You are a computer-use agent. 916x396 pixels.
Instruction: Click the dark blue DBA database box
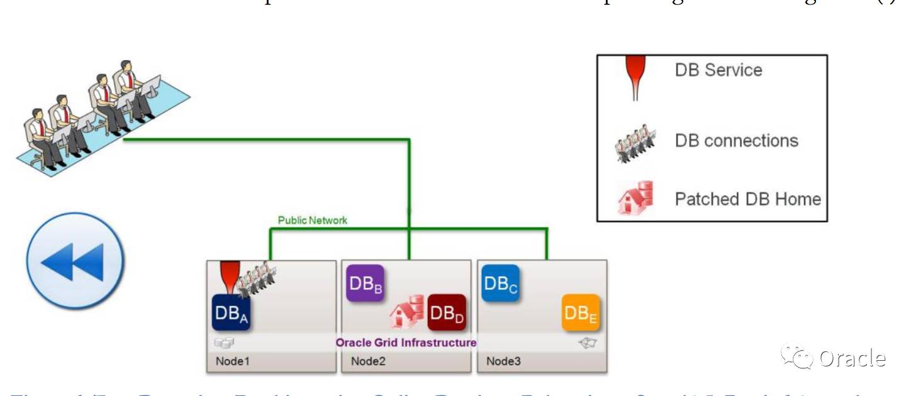pos(231,312)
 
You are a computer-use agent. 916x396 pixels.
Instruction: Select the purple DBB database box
pos(365,283)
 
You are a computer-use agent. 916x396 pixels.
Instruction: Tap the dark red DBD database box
pos(447,312)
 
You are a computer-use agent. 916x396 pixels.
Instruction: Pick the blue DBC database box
pos(501,283)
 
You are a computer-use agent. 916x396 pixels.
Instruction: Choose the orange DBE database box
pos(581,312)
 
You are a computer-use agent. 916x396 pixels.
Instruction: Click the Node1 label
pos(233,361)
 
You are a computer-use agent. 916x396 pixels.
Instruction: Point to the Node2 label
pos(369,361)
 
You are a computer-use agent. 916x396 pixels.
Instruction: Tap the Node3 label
pos(503,361)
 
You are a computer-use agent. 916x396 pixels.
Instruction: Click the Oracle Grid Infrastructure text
pos(406,343)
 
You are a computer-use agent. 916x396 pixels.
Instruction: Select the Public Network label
pos(313,221)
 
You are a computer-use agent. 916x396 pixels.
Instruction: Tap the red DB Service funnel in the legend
pos(635,75)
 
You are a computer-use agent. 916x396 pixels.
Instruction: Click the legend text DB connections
pos(737,140)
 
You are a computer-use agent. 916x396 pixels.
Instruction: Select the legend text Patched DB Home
pos(747,199)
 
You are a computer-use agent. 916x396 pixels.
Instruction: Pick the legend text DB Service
pos(718,70)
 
